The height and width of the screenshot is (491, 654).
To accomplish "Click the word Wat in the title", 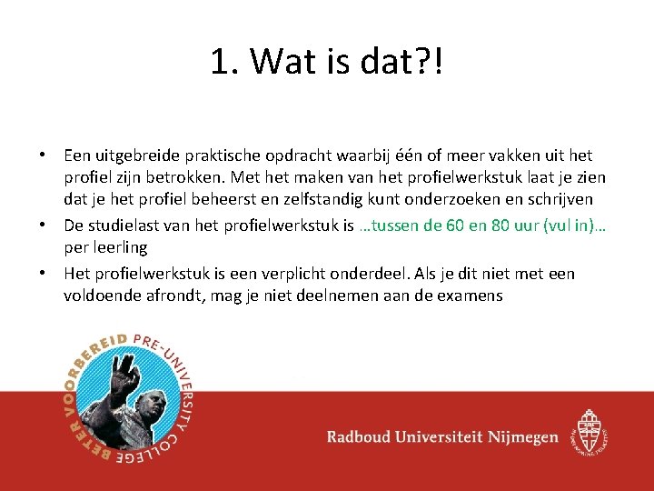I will pyautogui.click(x=279, y=62).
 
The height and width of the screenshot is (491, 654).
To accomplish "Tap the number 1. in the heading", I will pyautogui.click(x=223, y=62).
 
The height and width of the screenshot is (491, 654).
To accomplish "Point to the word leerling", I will pyautogui.click(x=119, y=246).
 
